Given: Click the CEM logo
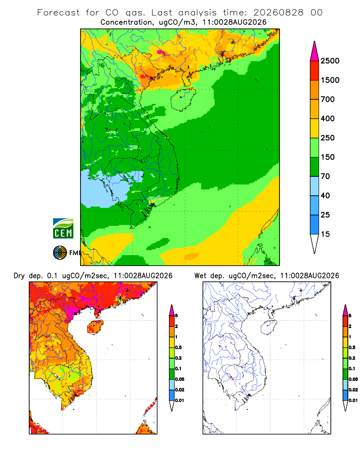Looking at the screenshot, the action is pyautogui.click(x=63, y=228).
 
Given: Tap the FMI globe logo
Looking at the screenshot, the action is pyautogui.click(x=60, y=252).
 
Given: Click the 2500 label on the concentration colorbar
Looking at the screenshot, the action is pyautogui.click(x=330, y=61).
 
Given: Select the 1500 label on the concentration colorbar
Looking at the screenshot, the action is pyautogui.click(x=330, y=80).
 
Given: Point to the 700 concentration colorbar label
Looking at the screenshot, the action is pyautogui.click(x=328, y=99).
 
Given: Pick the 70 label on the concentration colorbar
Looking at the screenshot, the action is pyautogui.click(x=325, y=176).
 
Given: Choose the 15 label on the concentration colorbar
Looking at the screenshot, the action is pyautogui.click(x=325, y=234).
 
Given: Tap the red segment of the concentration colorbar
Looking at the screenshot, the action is pyautogui.click(x=315, y=71).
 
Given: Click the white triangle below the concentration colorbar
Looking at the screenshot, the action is pyautogui.click(x=315, y=243).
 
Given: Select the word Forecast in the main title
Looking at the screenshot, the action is pyautogui.click(x=58, y=13).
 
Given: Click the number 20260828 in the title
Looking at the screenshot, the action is pyautogui.click(x=278, y=13).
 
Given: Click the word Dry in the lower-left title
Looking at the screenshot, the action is pyautogui.click(x=19, y=276).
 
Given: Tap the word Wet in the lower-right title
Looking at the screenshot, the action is pyautogui.click(x=200, y=275).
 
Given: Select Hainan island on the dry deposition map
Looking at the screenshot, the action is pyautogui.click(x=95, y=327).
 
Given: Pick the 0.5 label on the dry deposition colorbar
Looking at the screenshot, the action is pyautogui.click(x=178, y=347).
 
